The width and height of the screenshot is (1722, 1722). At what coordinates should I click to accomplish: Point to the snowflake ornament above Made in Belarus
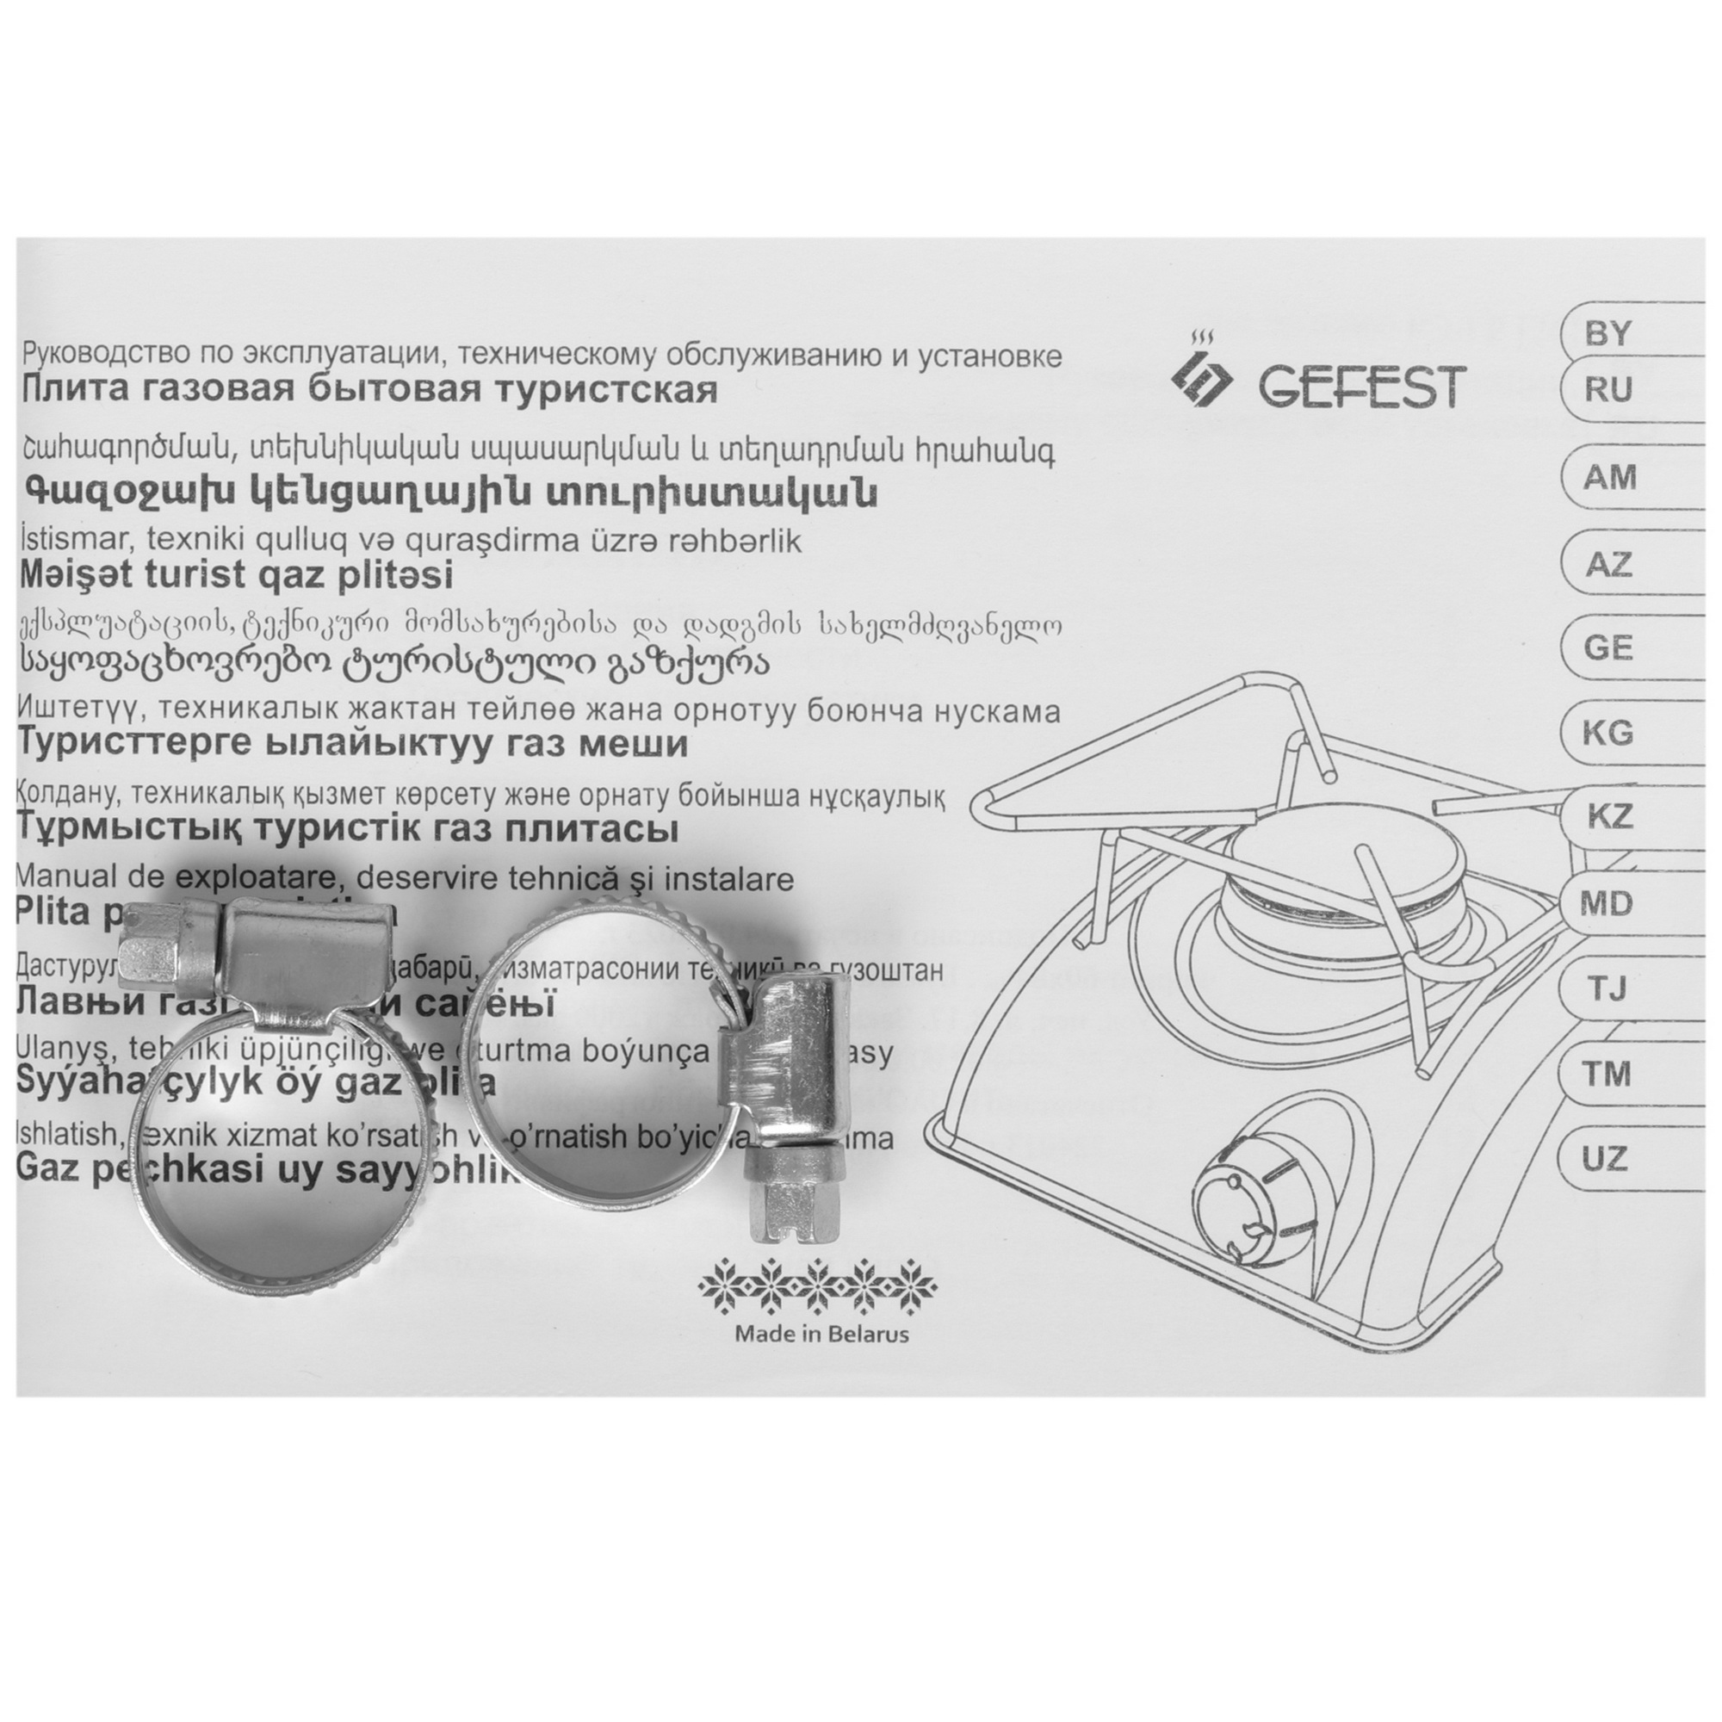[x=819, y=1286]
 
